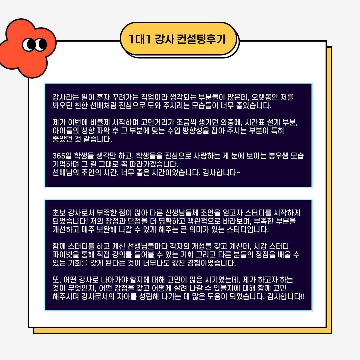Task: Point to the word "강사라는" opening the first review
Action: tap(66, 97)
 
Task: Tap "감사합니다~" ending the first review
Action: tap(221, 172)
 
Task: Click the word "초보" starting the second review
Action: tap(59, 213)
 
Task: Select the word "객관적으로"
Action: tap(204, 221)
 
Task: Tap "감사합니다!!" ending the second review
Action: tap(286, 296)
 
